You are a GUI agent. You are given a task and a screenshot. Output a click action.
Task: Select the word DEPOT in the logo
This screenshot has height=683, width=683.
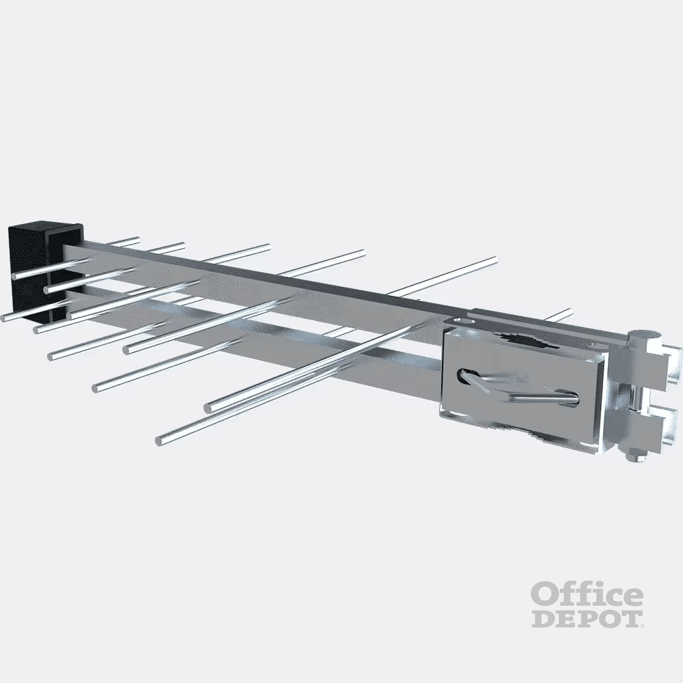[587, 619]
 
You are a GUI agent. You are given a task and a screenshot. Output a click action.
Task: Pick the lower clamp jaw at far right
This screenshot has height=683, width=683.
[665, 425]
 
